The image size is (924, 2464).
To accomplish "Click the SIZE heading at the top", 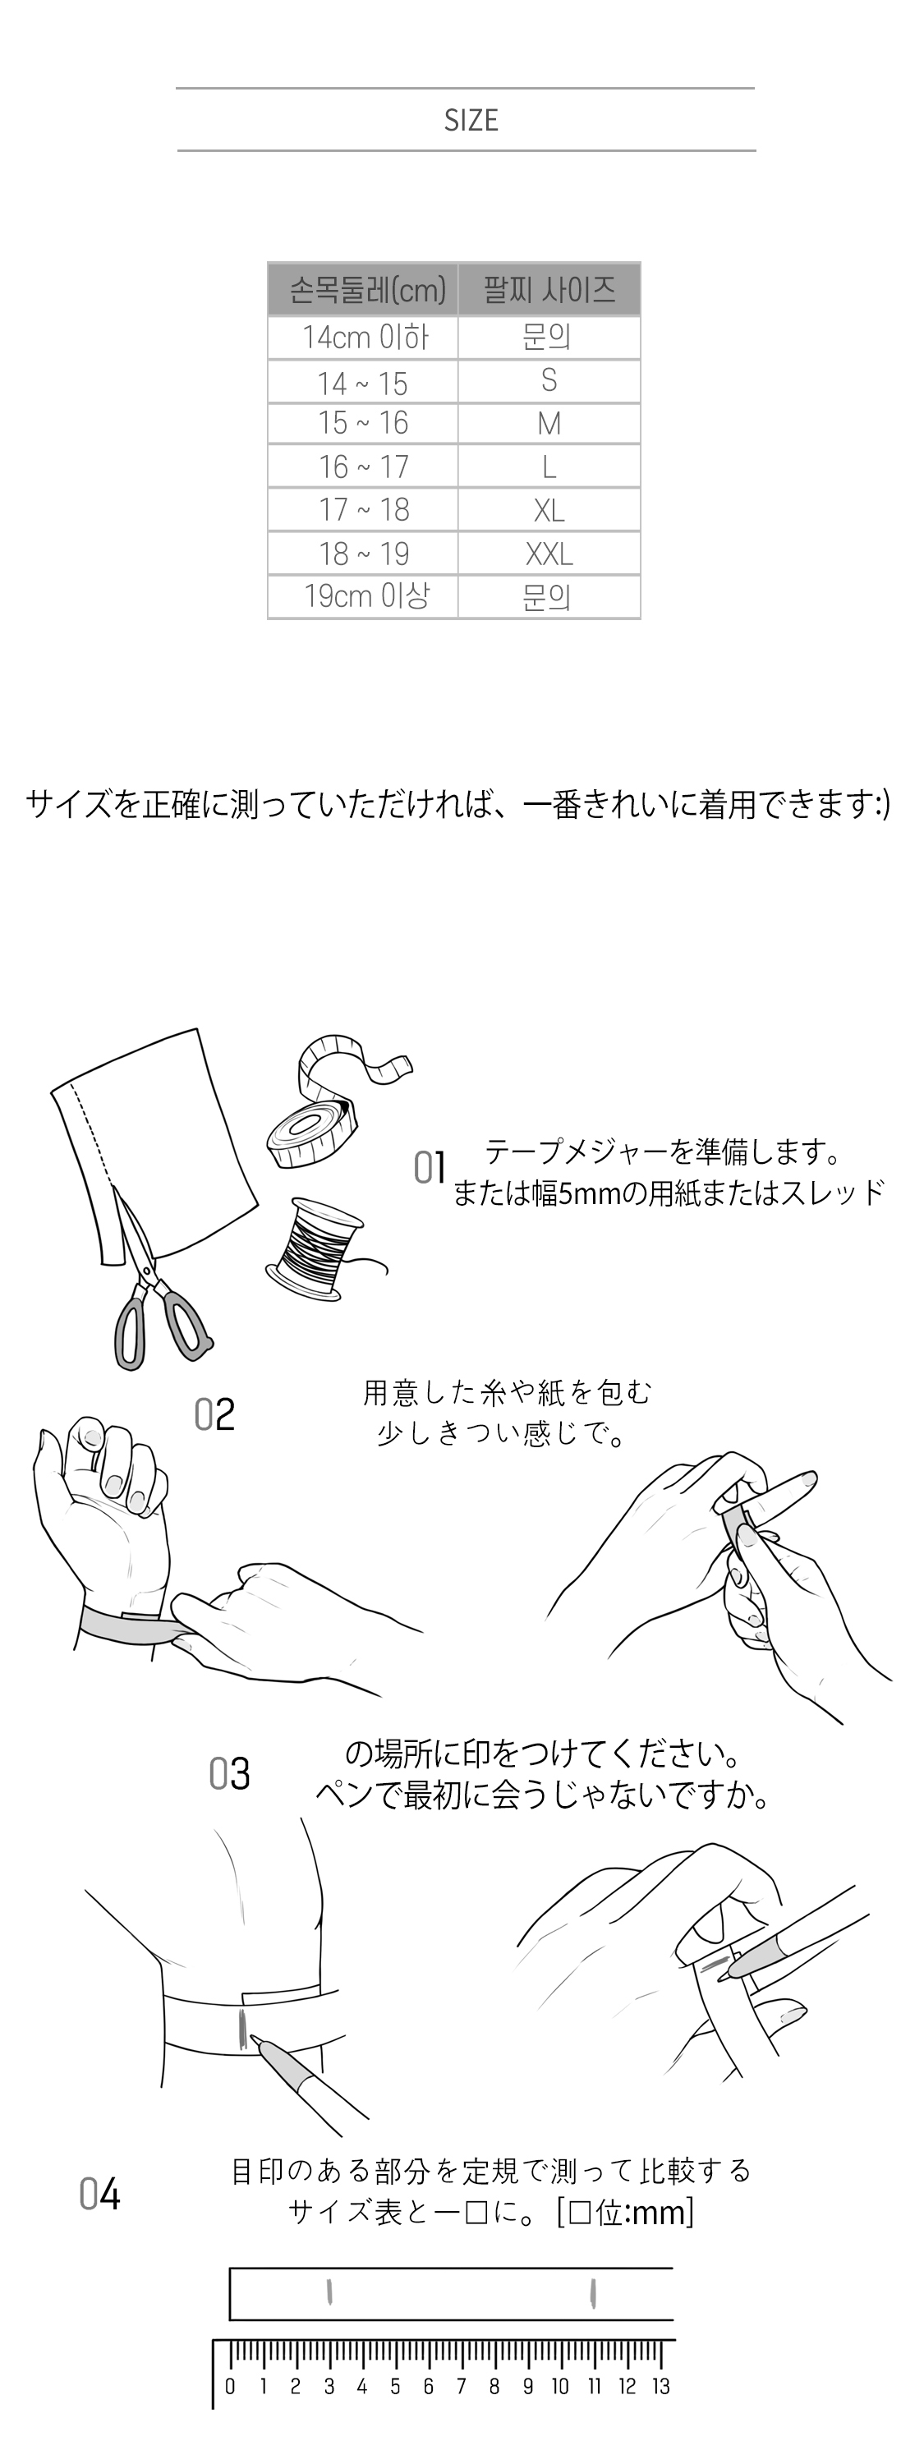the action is pos(471,121).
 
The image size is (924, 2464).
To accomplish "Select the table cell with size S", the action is pos(549,381).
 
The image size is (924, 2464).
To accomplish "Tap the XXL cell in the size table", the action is pos(549,554).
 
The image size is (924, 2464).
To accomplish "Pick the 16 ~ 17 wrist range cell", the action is pos(364,467).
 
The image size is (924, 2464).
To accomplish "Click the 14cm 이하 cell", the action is pos(364,338).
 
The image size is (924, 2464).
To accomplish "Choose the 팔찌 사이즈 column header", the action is pos(549,289).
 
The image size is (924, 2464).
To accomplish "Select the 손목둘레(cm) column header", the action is pos(364,289).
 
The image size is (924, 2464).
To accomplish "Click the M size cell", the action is pos(549,424).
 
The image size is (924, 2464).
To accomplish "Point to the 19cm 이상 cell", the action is pos(364,597).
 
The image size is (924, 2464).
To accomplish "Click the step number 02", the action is pos(214,1414).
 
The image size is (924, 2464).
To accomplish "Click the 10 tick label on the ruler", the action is pos(560,2387).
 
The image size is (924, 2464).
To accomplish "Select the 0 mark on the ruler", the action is pos(230,2387).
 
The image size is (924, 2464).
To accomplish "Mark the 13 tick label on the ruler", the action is pos(661,2387).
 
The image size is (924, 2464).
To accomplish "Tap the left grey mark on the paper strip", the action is pos(329,2293).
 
